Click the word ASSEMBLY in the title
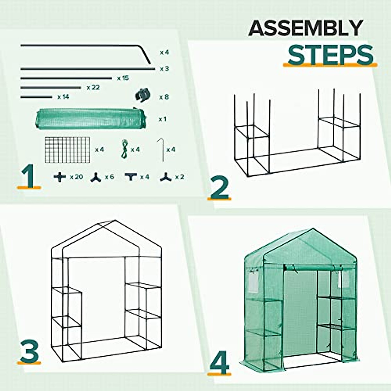[x=305, y=28]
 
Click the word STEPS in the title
[x=330, y=55]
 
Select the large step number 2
[x=220, y=187]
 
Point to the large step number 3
[x=29, y=352]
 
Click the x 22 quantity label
[x=93, y=88]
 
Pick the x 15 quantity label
[x=123, y=78]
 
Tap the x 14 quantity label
[x=63, y=97]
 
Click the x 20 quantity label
[x=77, y=177]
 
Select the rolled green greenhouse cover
[x=90, y=119]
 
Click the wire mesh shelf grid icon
[x=67, y=150]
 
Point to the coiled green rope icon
[x=124, y=149]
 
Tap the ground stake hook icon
[x=160, y=150]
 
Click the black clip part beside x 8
[x=143, y=95]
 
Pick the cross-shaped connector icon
[x=60, y=177]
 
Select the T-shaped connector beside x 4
[x=131, y=177]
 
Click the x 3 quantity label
[x=164, y=69]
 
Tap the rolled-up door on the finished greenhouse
[x=310, y=268]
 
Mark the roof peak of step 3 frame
[x=114, y=221]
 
